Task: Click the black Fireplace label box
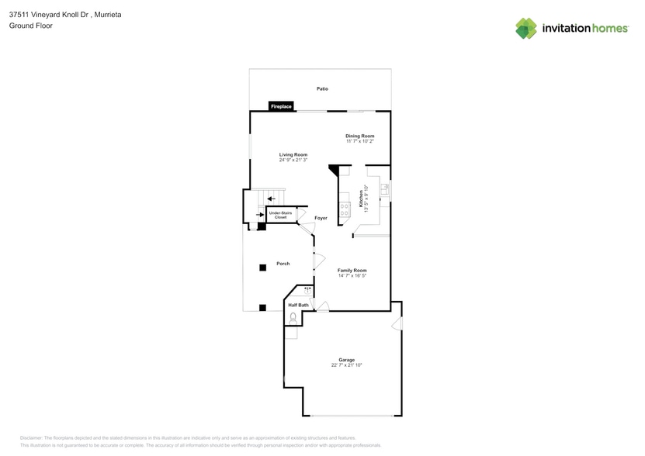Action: click(281, 106)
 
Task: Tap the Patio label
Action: click(322, 89)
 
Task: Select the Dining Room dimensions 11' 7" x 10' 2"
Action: click(360, 141)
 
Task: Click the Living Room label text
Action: click(293, 155)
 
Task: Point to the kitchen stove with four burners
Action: click(345, 206)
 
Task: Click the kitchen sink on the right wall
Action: click(383, 190)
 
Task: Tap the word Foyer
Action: click(321, 218)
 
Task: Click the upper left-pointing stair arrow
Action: click(271, 199)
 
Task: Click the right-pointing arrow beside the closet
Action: click(260, 215)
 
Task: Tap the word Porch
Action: click(283, 264)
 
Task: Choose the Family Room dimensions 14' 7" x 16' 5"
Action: click(352, 275)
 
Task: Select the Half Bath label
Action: click(298, 306)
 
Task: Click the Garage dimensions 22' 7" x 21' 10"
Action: click(346, 364)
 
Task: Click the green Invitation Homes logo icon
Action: click(526, 28)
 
